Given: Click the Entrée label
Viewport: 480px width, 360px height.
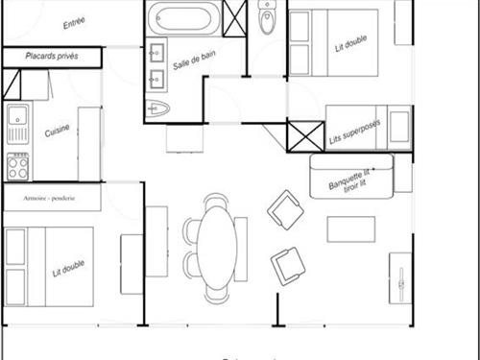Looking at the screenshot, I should (73, 23).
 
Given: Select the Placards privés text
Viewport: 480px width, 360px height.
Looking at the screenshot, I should (52, 58).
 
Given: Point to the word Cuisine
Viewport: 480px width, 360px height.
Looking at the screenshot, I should (57, 130).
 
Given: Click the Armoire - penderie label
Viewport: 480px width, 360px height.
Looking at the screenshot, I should (52, 198).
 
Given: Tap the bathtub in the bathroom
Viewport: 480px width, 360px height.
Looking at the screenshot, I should (182, 18).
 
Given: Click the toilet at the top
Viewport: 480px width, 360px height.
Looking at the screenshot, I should (267, 19).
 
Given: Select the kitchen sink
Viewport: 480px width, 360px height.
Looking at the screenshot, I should (16, 122).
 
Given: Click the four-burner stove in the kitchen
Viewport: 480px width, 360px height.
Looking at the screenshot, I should (17, 167).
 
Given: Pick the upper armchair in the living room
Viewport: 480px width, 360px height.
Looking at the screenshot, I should (286, 208).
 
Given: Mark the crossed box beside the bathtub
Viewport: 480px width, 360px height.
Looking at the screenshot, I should (235, 18).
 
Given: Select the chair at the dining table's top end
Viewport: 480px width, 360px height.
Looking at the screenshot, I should (216, 202).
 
